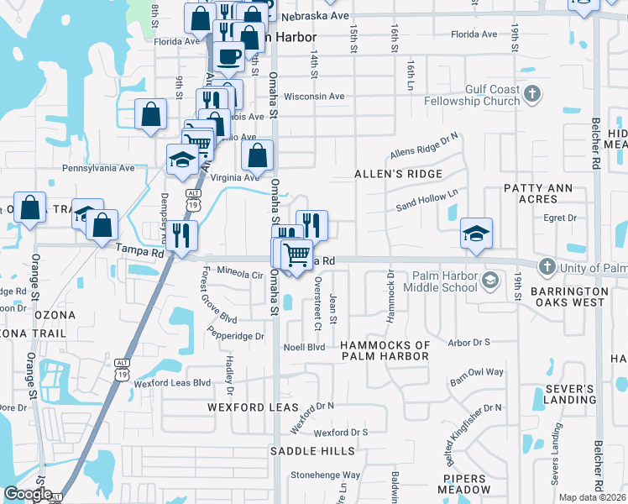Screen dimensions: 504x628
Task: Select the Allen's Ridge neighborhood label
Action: [x=398, y=174]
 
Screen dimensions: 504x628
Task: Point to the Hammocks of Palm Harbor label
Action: [x=385, y=350]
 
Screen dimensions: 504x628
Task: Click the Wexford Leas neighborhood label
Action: [x=254, y=407]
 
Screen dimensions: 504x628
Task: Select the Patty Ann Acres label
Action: [x=530, y=193]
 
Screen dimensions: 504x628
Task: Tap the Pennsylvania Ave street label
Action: [x=98, y=168]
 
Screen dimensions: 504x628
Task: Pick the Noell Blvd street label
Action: [x=305, y=346]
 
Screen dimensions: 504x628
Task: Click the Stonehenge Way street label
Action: [x=326, y=475]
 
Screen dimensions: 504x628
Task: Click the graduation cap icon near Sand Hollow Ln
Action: [x=476, y=233]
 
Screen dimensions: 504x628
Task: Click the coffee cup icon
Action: [x=229, y=56]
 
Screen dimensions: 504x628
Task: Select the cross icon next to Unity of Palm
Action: [x=547, y=267]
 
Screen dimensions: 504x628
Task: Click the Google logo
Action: [x=28, y=494]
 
